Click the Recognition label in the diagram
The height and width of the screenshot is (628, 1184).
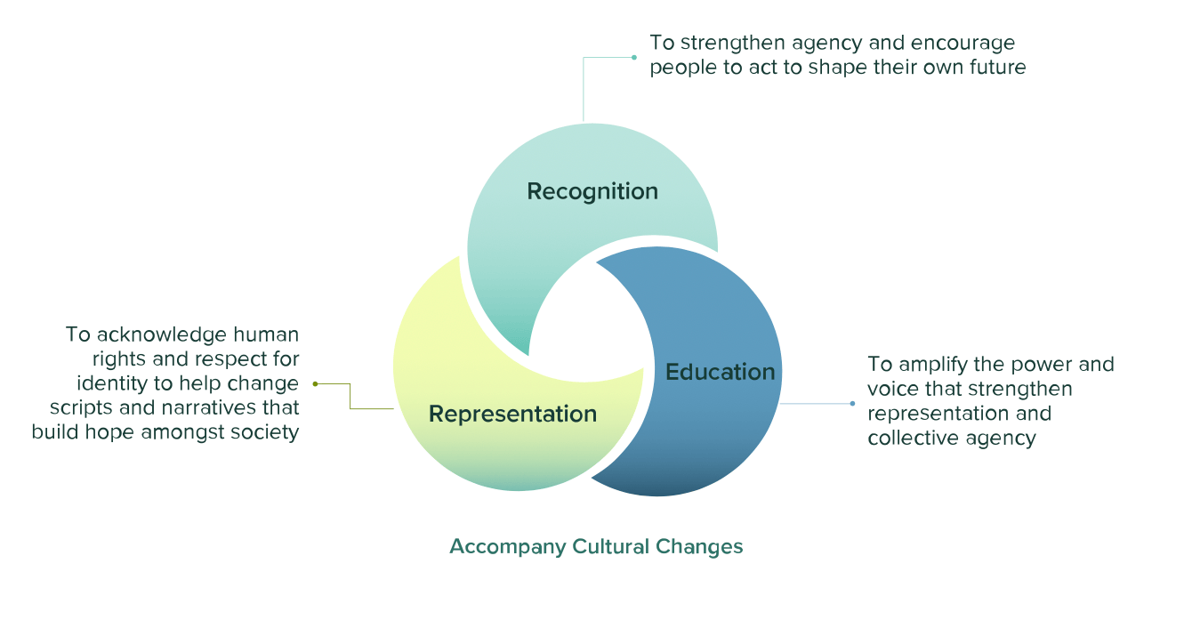coord(592,191)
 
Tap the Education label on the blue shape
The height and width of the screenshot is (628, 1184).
coord(721,371)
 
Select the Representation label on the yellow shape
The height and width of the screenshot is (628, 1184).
coord(512,414)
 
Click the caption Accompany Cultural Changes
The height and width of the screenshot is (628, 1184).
coord(596,546)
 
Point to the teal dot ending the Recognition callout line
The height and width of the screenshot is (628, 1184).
coord(634,57)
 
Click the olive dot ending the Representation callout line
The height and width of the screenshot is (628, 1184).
coord(315,383)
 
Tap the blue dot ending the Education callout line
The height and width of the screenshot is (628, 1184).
coord(852,403)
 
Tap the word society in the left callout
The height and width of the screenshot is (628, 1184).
coord(266,433)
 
